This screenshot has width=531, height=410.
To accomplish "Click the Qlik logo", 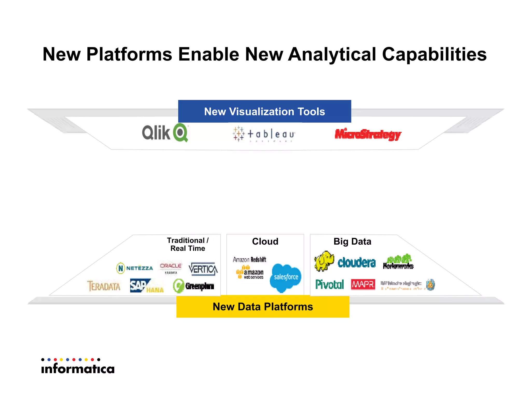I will click(x=165, y=132).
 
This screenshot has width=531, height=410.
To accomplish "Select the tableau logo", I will click(x=264, y=134).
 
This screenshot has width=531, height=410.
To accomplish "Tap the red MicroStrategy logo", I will click(x=368, y=134).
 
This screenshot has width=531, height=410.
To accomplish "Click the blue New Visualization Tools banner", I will click(x=264, y=111).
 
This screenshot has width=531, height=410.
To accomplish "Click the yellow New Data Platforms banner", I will click(x=263, y=307).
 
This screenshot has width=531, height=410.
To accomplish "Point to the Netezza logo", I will click(x=135, y=268).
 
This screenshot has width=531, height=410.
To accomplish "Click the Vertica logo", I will click(x=203, y=269).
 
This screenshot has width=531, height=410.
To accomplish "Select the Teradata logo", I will click(x=104, y=286).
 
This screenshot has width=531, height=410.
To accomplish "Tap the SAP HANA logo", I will click(x=146, y=286).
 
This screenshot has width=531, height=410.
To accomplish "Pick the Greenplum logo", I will click(x=193, y=286).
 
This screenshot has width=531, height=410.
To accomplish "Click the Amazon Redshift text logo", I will click(x=249, y=259).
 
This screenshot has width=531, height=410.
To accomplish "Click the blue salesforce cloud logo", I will click(x=285, y=278).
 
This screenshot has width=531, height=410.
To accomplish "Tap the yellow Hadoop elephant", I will click(x=324, y=261).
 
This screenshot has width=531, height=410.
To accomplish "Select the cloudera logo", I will click(x=357, y=263).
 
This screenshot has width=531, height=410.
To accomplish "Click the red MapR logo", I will click(x=363, y=284).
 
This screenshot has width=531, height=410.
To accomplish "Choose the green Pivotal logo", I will click(x=330, y=284).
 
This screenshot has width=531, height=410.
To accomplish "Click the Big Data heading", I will click(x=352, y=241).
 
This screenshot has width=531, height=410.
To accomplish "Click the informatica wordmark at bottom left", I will click(x=78, y=368).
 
